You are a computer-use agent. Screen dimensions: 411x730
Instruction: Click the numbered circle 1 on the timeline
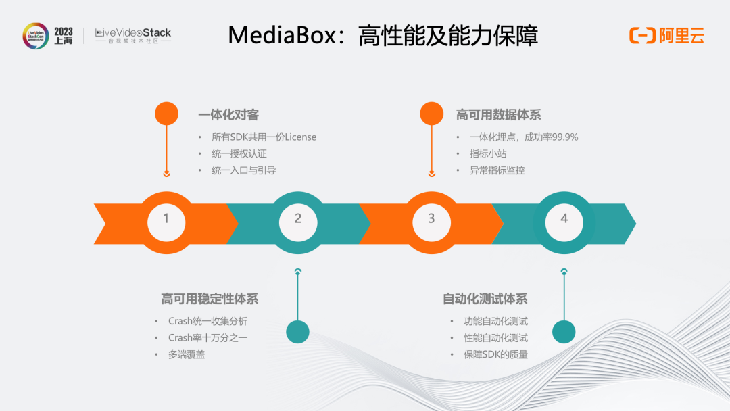pos(166,218)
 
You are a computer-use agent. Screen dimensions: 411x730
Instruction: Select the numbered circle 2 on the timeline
pos(298,218)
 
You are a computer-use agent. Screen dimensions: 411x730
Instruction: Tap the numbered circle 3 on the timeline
pos(431,218)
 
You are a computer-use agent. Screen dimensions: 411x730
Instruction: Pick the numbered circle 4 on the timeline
pos(564,218)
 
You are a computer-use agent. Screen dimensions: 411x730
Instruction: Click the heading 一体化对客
pos(228,115)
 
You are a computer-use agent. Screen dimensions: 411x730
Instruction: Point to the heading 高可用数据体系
pos(498,115)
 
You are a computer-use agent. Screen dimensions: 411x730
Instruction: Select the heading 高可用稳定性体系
pos(210,299)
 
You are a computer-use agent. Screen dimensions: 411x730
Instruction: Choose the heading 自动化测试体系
pos(485,299)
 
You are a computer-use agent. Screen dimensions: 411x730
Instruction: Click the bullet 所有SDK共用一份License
pos(264,137)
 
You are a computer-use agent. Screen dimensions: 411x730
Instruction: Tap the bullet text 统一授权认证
pos(239,153)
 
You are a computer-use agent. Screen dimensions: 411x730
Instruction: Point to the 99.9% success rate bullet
pos(524,137)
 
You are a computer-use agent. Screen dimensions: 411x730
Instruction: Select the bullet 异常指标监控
pos(497,170)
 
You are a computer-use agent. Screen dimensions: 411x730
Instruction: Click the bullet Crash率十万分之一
pos(208,337)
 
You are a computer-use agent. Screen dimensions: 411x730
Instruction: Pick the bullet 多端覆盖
pos(187,354)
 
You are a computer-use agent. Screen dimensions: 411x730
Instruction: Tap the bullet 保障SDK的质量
pos(495,354)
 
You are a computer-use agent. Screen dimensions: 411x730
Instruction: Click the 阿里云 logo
pos(667,36)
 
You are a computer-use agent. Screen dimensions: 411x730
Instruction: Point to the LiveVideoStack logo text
pos(133,32)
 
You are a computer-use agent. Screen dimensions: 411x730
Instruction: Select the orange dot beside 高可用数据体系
pos(432,114)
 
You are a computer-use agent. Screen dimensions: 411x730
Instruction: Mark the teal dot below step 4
pos(564,331)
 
